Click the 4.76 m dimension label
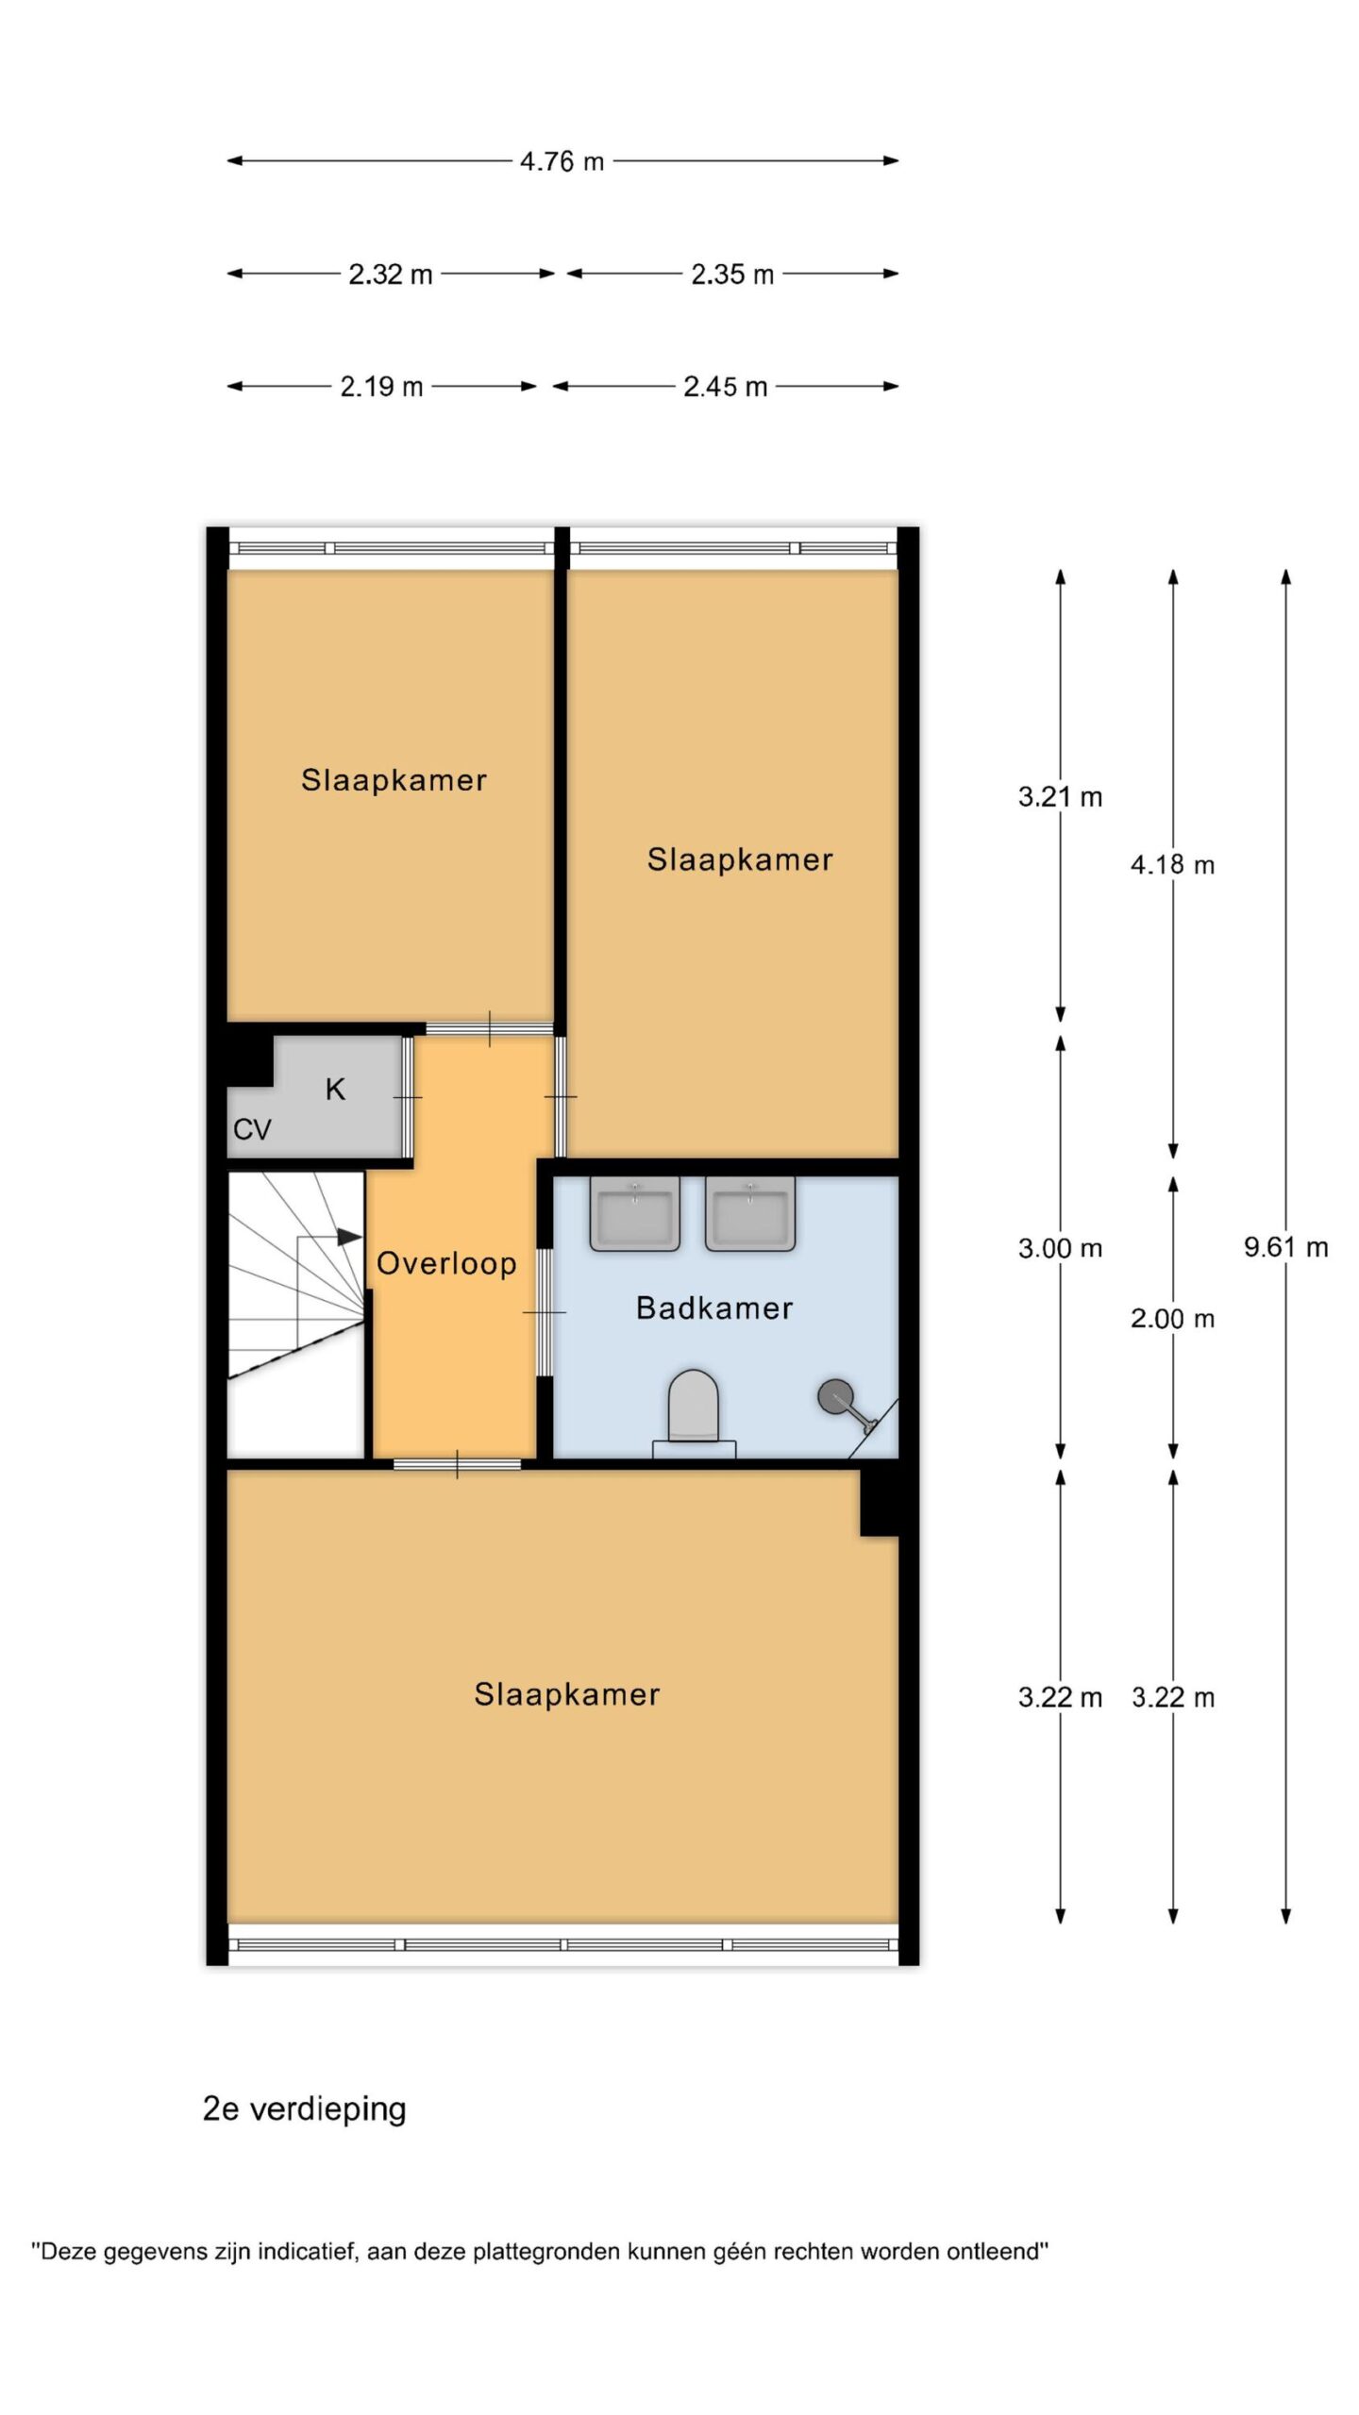click(562, 161)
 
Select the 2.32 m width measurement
click(390, 275)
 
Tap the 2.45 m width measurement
click(725, 387)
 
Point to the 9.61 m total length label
click(1285, 1247)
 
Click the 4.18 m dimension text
click(1172, 864)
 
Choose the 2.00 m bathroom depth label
click(1172, 1318)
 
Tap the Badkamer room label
click(714, 1307)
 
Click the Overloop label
click(446, 1263)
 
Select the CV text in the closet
click(252, 1129)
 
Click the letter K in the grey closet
click(335, 1090)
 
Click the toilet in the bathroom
click(694, 1412)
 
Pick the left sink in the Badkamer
click(635, 1213)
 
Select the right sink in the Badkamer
click(750, 1213)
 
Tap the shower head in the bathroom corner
click(834, 1395)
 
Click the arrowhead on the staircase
click(350, 1236)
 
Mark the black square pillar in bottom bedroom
click(880, 1503)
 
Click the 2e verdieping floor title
click(304, 2109)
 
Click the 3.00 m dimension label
click(1060, 1248)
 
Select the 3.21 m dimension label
click(1060, 797)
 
